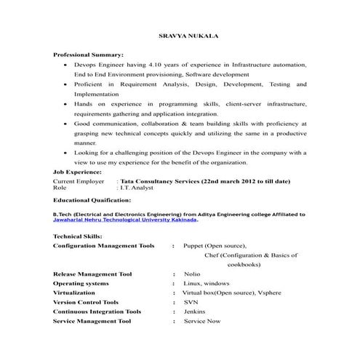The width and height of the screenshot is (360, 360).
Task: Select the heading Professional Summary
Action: coord(89,55)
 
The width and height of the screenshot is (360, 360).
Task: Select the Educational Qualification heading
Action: coord(92,199)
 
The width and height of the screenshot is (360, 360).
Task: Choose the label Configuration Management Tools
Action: coord(104,246)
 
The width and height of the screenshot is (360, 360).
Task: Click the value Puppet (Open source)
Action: coord(215,246)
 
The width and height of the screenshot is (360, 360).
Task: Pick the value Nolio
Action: coord(192,274)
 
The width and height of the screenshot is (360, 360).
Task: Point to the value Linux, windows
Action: coord(207,283)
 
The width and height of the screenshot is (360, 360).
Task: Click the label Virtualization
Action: coord(73,292)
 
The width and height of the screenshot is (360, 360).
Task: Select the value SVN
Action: coord(191,301)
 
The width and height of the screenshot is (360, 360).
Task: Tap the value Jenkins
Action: coord(194,311)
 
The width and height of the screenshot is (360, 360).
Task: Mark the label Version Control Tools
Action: coord(86,301)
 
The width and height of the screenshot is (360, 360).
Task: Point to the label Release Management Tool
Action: coord(92,274)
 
